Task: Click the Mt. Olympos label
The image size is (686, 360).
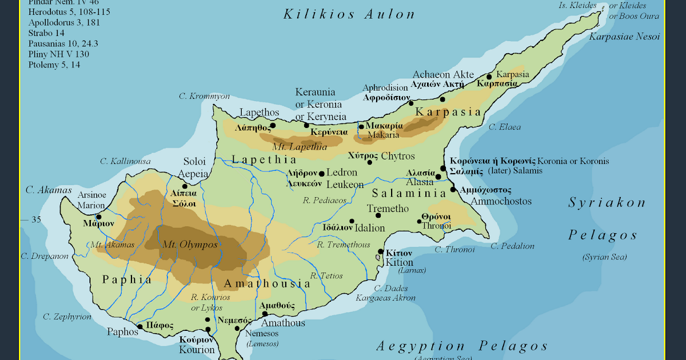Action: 190,245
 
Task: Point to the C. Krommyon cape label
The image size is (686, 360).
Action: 204,96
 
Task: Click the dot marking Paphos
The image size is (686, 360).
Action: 140,327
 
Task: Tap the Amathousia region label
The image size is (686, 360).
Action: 267,284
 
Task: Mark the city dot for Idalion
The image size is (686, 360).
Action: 352,221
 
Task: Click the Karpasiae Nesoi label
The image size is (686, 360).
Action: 624,37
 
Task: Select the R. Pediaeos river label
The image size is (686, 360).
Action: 325,200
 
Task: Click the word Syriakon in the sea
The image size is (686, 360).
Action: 607,203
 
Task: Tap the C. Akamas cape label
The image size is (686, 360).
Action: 48,190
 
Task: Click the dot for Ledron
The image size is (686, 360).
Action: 321,174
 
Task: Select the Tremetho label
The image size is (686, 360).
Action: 388,209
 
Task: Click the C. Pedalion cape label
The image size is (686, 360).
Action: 512,246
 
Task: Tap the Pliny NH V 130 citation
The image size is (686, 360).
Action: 58,54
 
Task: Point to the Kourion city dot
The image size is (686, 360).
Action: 208,329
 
